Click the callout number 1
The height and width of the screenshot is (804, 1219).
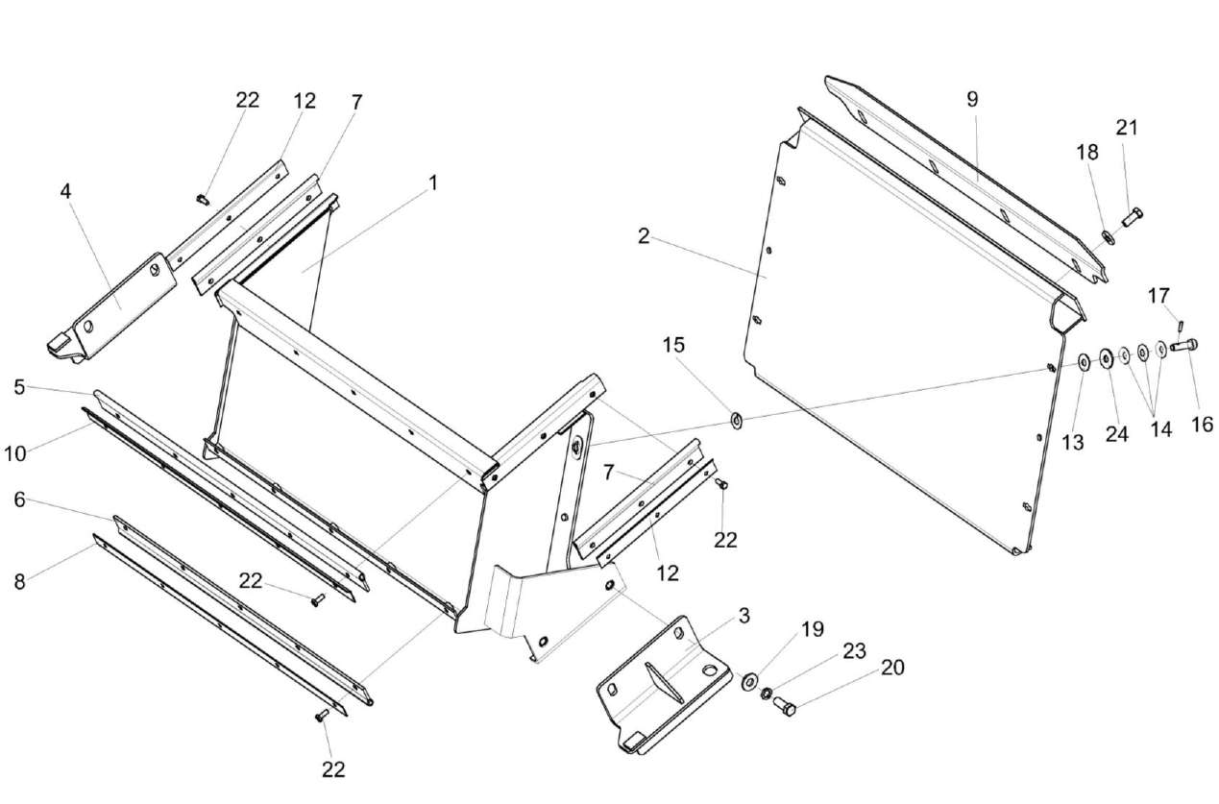(x=432, y=182)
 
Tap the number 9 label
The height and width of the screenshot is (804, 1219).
(x=971, y=99)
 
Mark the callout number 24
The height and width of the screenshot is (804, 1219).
(x=1115, y=433)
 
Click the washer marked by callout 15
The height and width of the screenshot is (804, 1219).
(x=737, y=420)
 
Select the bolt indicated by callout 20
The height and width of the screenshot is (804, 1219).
(x=784, y=708)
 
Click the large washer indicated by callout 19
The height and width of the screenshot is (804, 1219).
(x=747, y=683)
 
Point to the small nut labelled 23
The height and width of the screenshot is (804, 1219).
(x=767, y=694)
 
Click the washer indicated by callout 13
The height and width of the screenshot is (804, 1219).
(x=1083, y=362)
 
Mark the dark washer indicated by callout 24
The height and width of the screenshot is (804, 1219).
(x=1106, y=358)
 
